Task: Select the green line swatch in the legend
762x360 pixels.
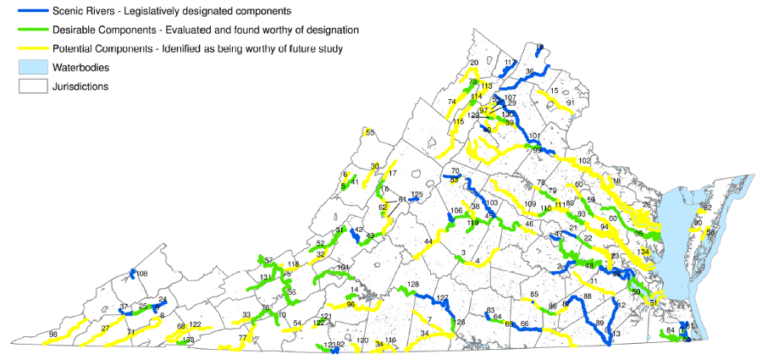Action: click(30, 30)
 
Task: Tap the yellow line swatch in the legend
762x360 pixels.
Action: click(30, 48)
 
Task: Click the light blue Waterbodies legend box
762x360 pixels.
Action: click(30, 67)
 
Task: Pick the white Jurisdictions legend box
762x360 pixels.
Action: click(30, 86)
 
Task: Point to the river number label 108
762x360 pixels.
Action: click(142, 274)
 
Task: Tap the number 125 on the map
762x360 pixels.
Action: click(417, 195)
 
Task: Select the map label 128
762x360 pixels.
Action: click(413, 285)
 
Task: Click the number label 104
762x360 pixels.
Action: click(343, 268)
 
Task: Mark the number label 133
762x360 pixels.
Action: click(189, 340)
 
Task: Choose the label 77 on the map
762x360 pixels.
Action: click(243, 338)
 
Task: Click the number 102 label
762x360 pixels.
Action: click(584, 161)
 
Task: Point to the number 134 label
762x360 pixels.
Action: click(644, 252)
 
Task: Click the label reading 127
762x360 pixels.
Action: click(442, 298)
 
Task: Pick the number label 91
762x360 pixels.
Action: click(571, 102)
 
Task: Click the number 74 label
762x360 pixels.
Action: click(452, 102)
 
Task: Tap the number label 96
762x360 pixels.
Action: click(351, 304)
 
